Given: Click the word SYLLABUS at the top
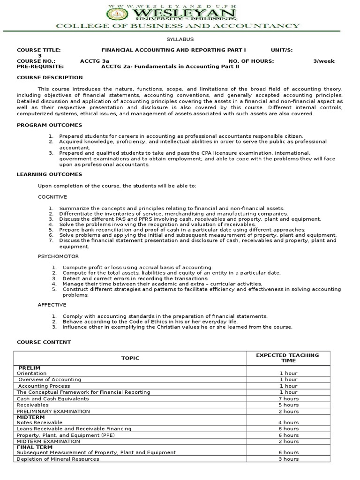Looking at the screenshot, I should tap(180, 40).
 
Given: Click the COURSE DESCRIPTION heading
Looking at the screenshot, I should tap(50, 77).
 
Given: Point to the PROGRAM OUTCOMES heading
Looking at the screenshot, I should tap(49, 125).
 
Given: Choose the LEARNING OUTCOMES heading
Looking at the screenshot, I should tap(49, 174).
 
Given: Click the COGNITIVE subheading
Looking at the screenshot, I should tap(52, 197).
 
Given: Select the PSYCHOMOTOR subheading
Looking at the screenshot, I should tap(58, 256).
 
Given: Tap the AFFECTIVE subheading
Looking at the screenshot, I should tap(52, 305).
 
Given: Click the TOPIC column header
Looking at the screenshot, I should tap(130, 358).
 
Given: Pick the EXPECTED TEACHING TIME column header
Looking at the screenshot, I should tap(288, 358).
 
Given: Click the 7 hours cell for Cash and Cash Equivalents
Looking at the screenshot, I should tap(288, 398).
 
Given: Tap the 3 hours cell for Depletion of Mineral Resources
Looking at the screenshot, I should tap(288, 459).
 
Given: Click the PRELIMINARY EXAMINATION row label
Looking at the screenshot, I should tap(53, 411).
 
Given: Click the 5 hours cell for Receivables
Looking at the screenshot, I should tap(288, 405).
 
